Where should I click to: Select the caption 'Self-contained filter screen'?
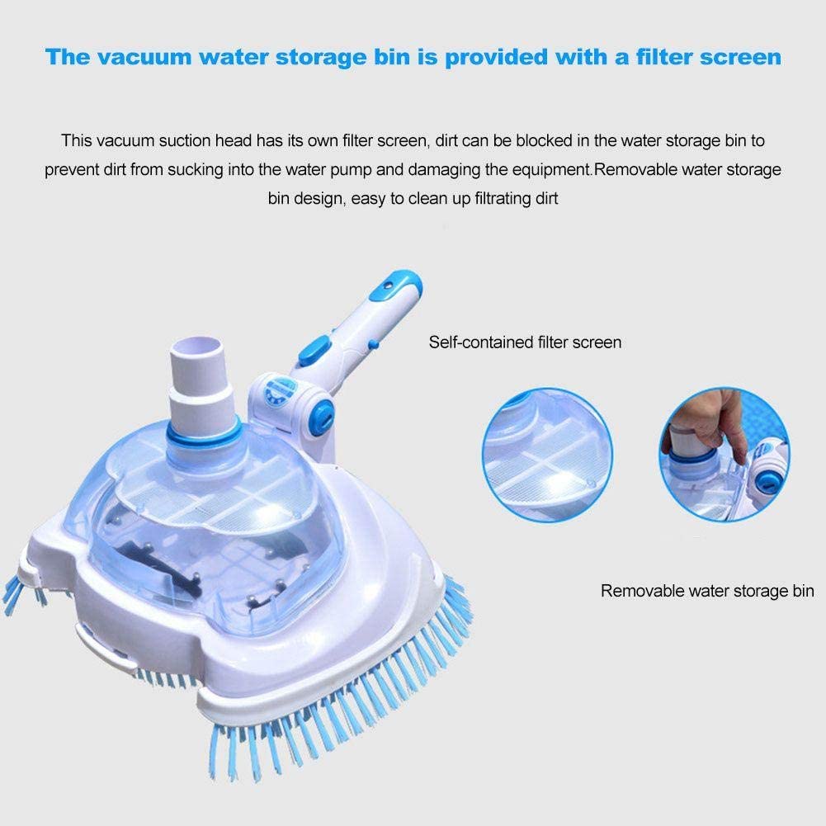click(x=525, y=342)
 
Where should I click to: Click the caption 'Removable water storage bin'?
click(x=707, y=591)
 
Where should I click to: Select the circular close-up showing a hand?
click(x=724, y=450)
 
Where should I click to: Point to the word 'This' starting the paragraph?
click(x=75, y=141)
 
